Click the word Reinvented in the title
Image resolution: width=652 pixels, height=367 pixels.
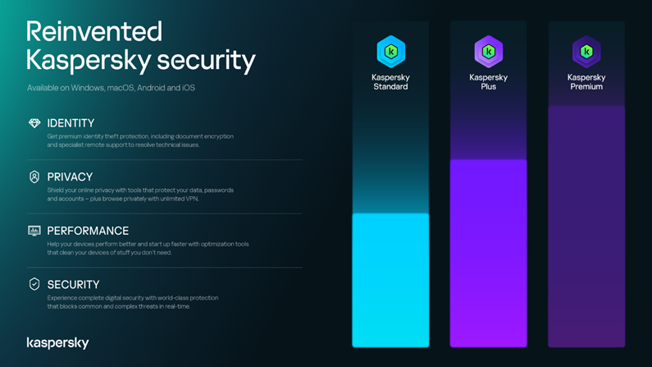tap(94, 32)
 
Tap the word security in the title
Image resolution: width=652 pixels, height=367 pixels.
tap(206, 60)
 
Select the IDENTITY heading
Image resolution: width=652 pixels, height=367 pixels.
tap(71, 123)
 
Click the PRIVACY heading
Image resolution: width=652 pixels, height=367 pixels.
tap(70, 177)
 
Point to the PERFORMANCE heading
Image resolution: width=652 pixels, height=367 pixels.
tap(88, 231)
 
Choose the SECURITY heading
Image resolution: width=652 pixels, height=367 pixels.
tap(73, 285)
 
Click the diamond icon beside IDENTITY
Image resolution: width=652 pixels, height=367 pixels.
tap(34, 123)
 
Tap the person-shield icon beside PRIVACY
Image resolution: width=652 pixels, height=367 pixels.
tap(34, 177)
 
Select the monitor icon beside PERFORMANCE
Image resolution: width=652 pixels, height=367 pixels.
tap(34, 231)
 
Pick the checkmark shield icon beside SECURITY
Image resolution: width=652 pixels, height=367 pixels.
tap(34, 284)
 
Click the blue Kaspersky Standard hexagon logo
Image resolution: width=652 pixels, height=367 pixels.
tap(391, 52)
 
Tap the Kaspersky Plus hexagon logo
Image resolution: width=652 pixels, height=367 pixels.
tap(489, 52)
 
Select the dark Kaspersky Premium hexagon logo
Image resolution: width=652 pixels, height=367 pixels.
tap(586, 52)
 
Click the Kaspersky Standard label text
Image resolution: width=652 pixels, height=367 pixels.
tap(390, 82)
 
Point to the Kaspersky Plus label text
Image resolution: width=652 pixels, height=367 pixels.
tap(489, 82)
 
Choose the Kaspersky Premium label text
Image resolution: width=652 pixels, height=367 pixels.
tap(586, 82)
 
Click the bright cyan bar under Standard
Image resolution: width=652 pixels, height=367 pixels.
tap(390, 280)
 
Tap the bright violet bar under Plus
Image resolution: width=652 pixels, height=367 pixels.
tap(489, 253)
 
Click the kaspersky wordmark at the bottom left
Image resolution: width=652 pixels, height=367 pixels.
tap(57, 343)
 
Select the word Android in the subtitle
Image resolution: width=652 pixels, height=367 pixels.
tap(151, 88)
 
